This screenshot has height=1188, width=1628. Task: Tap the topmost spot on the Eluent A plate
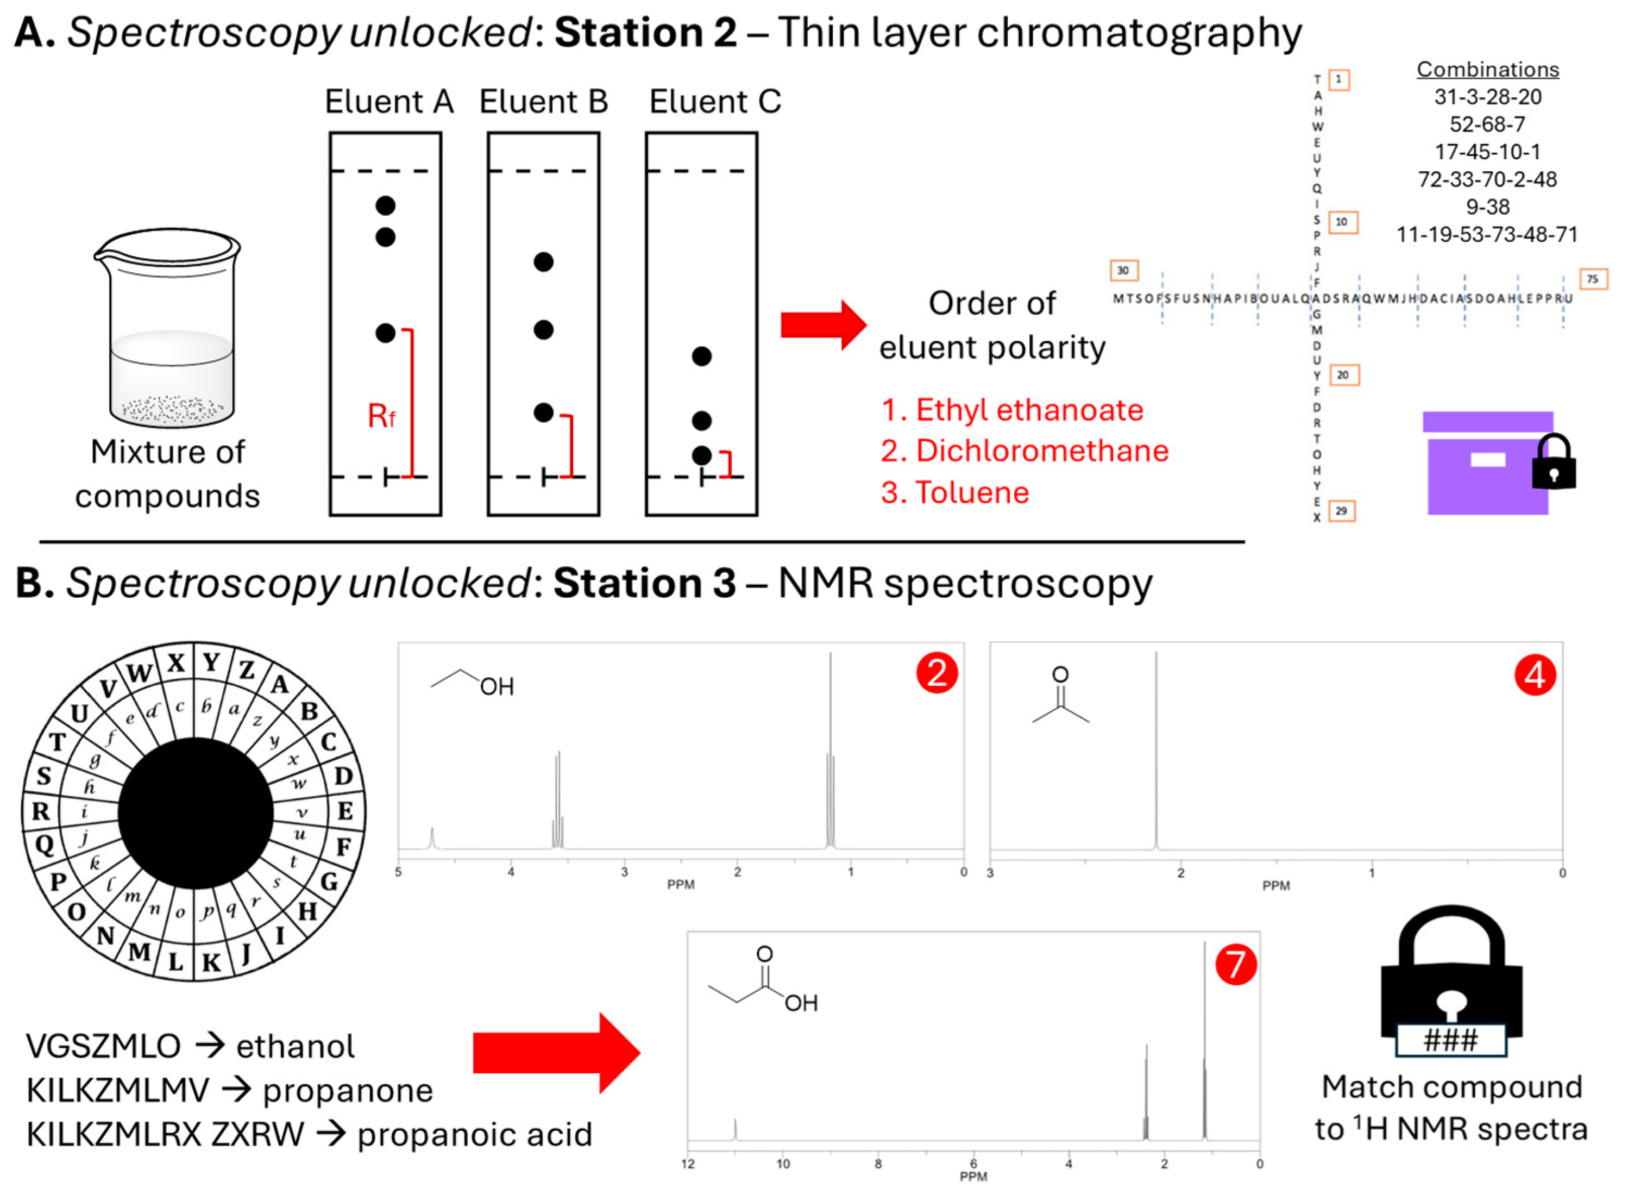[x=385, y=205]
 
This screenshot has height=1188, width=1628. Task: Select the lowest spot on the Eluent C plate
[x=701, y=455]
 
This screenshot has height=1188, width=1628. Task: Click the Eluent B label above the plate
[x=543, y=102]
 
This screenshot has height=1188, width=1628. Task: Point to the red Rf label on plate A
[x=381, y=416]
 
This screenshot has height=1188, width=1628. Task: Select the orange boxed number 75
[x=1593, y=279]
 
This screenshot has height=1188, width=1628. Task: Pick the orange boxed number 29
[x=1341, y=511]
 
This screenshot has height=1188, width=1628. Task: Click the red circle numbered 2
[x=936, y=674]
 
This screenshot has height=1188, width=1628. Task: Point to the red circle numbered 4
[x=1535, y=676]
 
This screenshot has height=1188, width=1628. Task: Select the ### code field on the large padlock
[x=1450, y=1040]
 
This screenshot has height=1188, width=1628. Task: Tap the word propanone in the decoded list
[x=348, y=1091]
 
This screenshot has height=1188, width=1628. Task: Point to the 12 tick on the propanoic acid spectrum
[x=688, y=1164]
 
